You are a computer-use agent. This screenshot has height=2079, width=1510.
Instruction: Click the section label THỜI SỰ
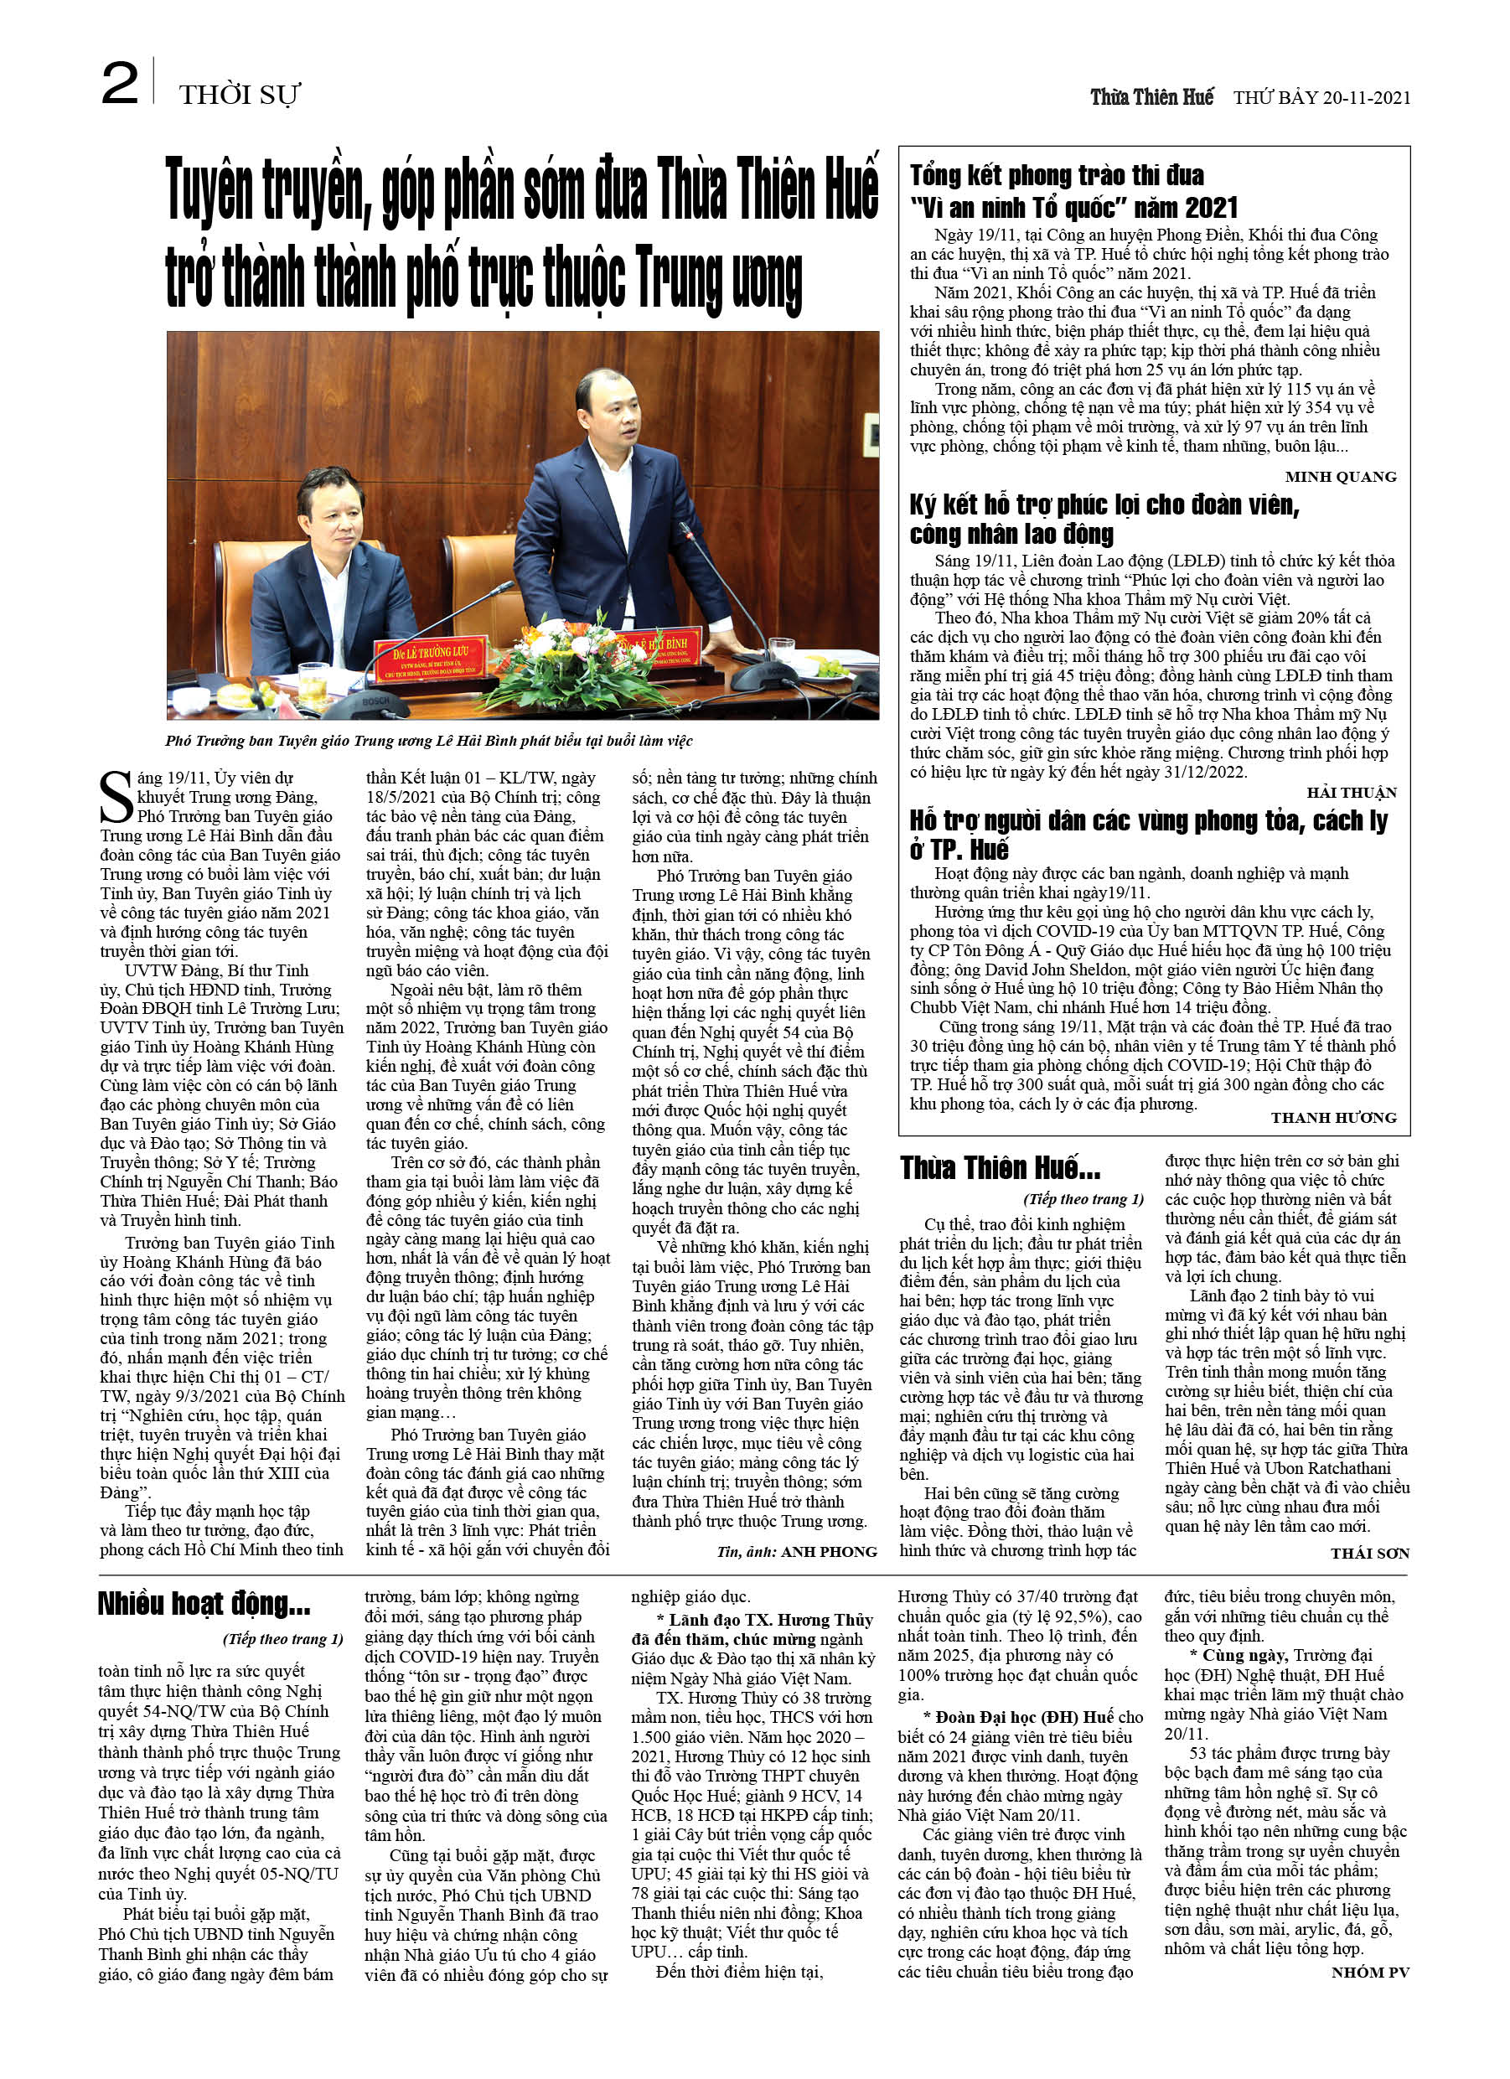click(x=240, y=95)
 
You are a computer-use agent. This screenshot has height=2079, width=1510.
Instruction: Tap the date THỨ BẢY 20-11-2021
click(x=1321, y=97)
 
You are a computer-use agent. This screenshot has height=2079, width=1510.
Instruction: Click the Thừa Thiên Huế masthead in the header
click(x=1151, y=97)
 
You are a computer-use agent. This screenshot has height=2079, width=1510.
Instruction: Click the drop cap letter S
click(x=116, y=796)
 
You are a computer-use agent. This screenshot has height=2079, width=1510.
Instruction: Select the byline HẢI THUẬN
click(x=1352, y=792)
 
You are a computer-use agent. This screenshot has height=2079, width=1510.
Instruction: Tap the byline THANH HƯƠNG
click(x=1333, y=1117)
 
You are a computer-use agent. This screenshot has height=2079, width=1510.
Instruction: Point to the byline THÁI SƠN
click(x=1370, y=1553)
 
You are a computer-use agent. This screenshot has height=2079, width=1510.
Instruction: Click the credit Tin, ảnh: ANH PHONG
click(x=797, y=1552)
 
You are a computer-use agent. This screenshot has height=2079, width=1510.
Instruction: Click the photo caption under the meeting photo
click(x=429, y=741)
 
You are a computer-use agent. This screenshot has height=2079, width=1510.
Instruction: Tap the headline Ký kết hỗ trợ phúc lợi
click(x=1104, y=519)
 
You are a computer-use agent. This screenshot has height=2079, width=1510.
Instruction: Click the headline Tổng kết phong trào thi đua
click(x=1073, y=192)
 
